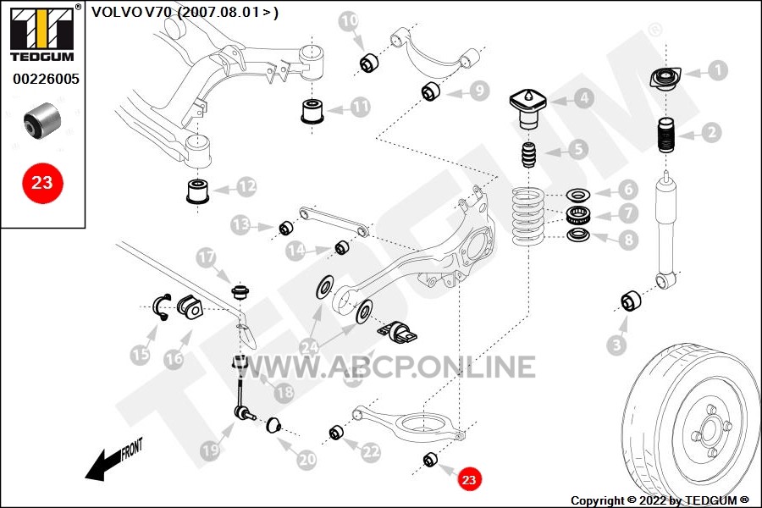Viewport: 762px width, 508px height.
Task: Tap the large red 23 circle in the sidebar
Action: coord(42,182)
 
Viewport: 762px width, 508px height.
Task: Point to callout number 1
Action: coord(717,70)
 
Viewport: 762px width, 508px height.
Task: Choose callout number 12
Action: coord(246,185)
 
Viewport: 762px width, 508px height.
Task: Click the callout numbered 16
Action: coord(173,359)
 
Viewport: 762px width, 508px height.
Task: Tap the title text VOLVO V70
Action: coord(184,12)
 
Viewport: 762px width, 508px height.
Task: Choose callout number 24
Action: coord(310,346)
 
